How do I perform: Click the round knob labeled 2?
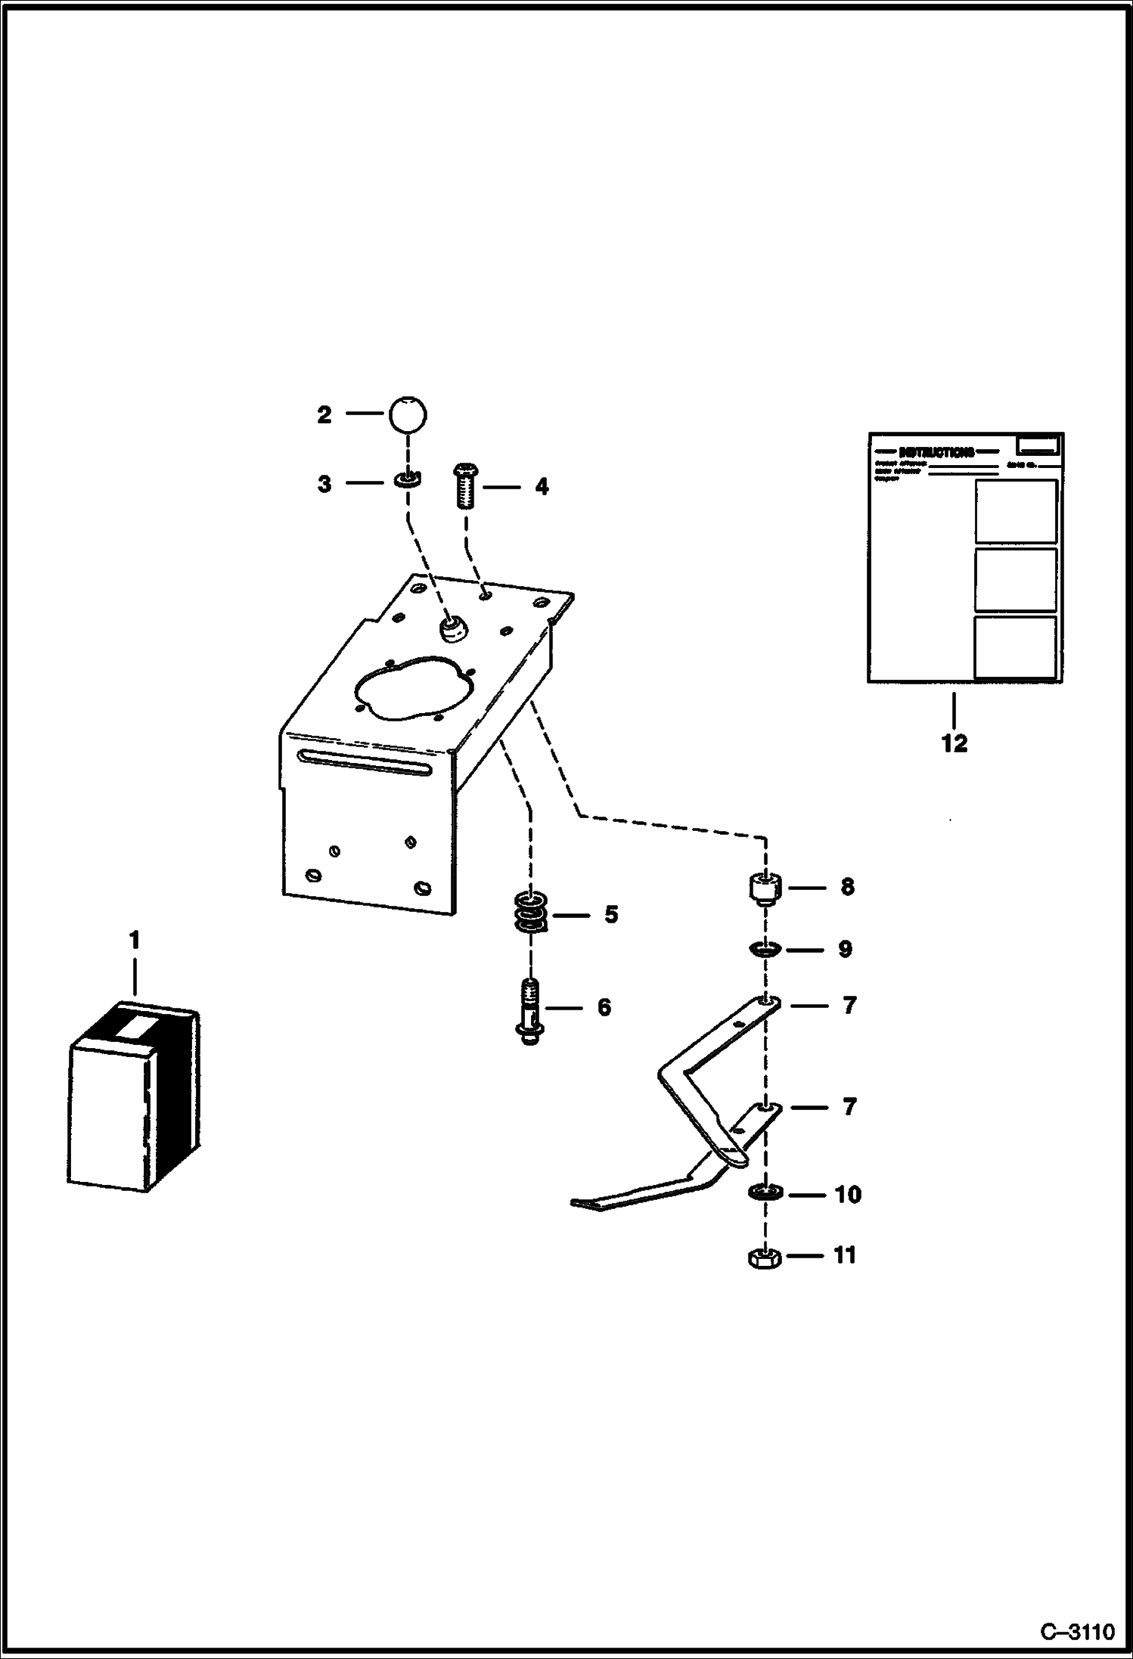click(x=408, y=414)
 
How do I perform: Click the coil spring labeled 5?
click(x=531, y=915)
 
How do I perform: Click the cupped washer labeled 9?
click(x=766, y=950)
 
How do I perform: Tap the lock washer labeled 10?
click(x=766, y=1192)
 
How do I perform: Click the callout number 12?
click(x=954, y=743)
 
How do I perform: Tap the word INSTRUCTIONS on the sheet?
click(x=936, y=453)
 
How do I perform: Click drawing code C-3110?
click(x=1077, y=1632)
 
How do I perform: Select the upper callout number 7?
click(x=849, y=1006)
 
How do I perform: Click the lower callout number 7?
click(x=849, y=1107)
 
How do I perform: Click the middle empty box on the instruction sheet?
click(x=1015, y=580)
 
